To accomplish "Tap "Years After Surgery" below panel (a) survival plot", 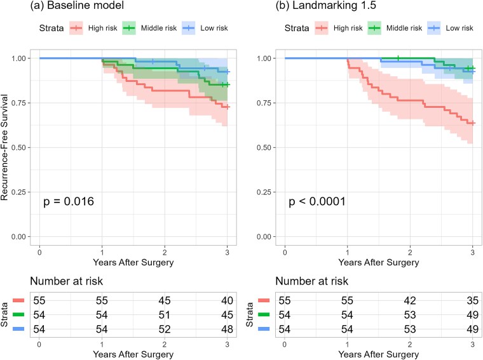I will [x=134, y=260].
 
